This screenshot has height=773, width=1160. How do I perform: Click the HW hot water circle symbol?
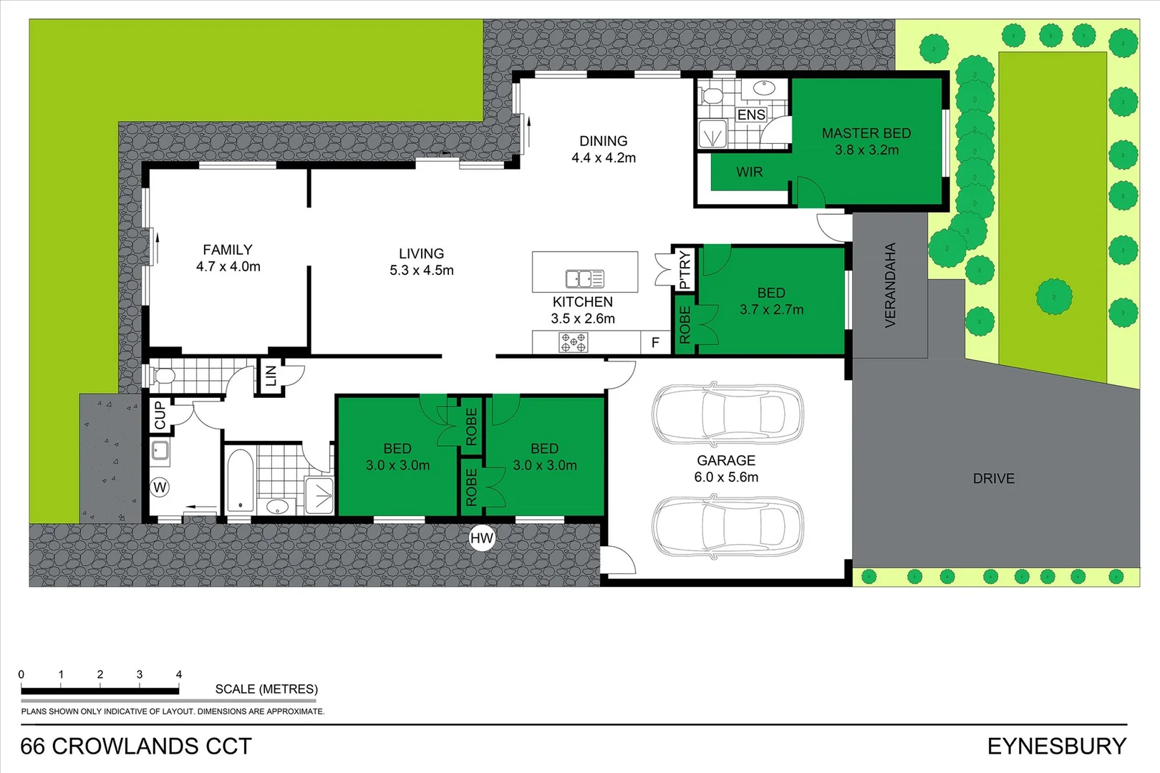pyautogui.click(x=482, y=538)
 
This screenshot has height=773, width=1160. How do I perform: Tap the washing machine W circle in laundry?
pyautogui.click(x=160, y=487)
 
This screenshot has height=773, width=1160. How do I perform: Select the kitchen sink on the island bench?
pyautogui.click(x=584, y=278)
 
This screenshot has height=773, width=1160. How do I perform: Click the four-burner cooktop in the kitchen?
pyautogui.click(x=573, y=343)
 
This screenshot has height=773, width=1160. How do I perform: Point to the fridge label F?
pyautogui.click(x=654, y=343)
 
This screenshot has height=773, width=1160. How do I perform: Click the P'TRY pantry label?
pyautogui.click(x=685, y=269)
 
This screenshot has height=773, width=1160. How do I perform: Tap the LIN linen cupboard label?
pyautogui.click(x=271, y=375)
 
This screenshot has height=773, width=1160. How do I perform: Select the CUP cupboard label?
pyautogui.click(x=160, y=415)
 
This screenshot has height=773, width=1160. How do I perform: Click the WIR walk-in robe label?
pyautogui.click(x=749, y=172)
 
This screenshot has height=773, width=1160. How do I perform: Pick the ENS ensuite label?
pyautogui.click(x=751, y=115)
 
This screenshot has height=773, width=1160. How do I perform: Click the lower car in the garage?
pyautogui.click(x=727, y=526)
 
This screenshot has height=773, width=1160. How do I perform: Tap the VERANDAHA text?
pyautogui.click(x=890, y=285)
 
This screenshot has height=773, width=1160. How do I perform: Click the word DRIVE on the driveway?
pyautogui.click(x=993, y=478)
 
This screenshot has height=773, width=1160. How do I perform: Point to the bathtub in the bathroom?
pyautogui.click(x=240, y=480)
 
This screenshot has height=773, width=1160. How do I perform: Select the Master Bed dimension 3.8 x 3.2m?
pyautogui.click(x=866, y=150)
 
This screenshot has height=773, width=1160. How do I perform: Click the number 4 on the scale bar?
pyautogui.click(x=179, y=674)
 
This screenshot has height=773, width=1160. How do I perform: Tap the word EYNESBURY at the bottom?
pyautogui.click(x=1056, y=746)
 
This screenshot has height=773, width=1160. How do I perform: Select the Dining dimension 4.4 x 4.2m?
pyautogui.click(x=603, y=157)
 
